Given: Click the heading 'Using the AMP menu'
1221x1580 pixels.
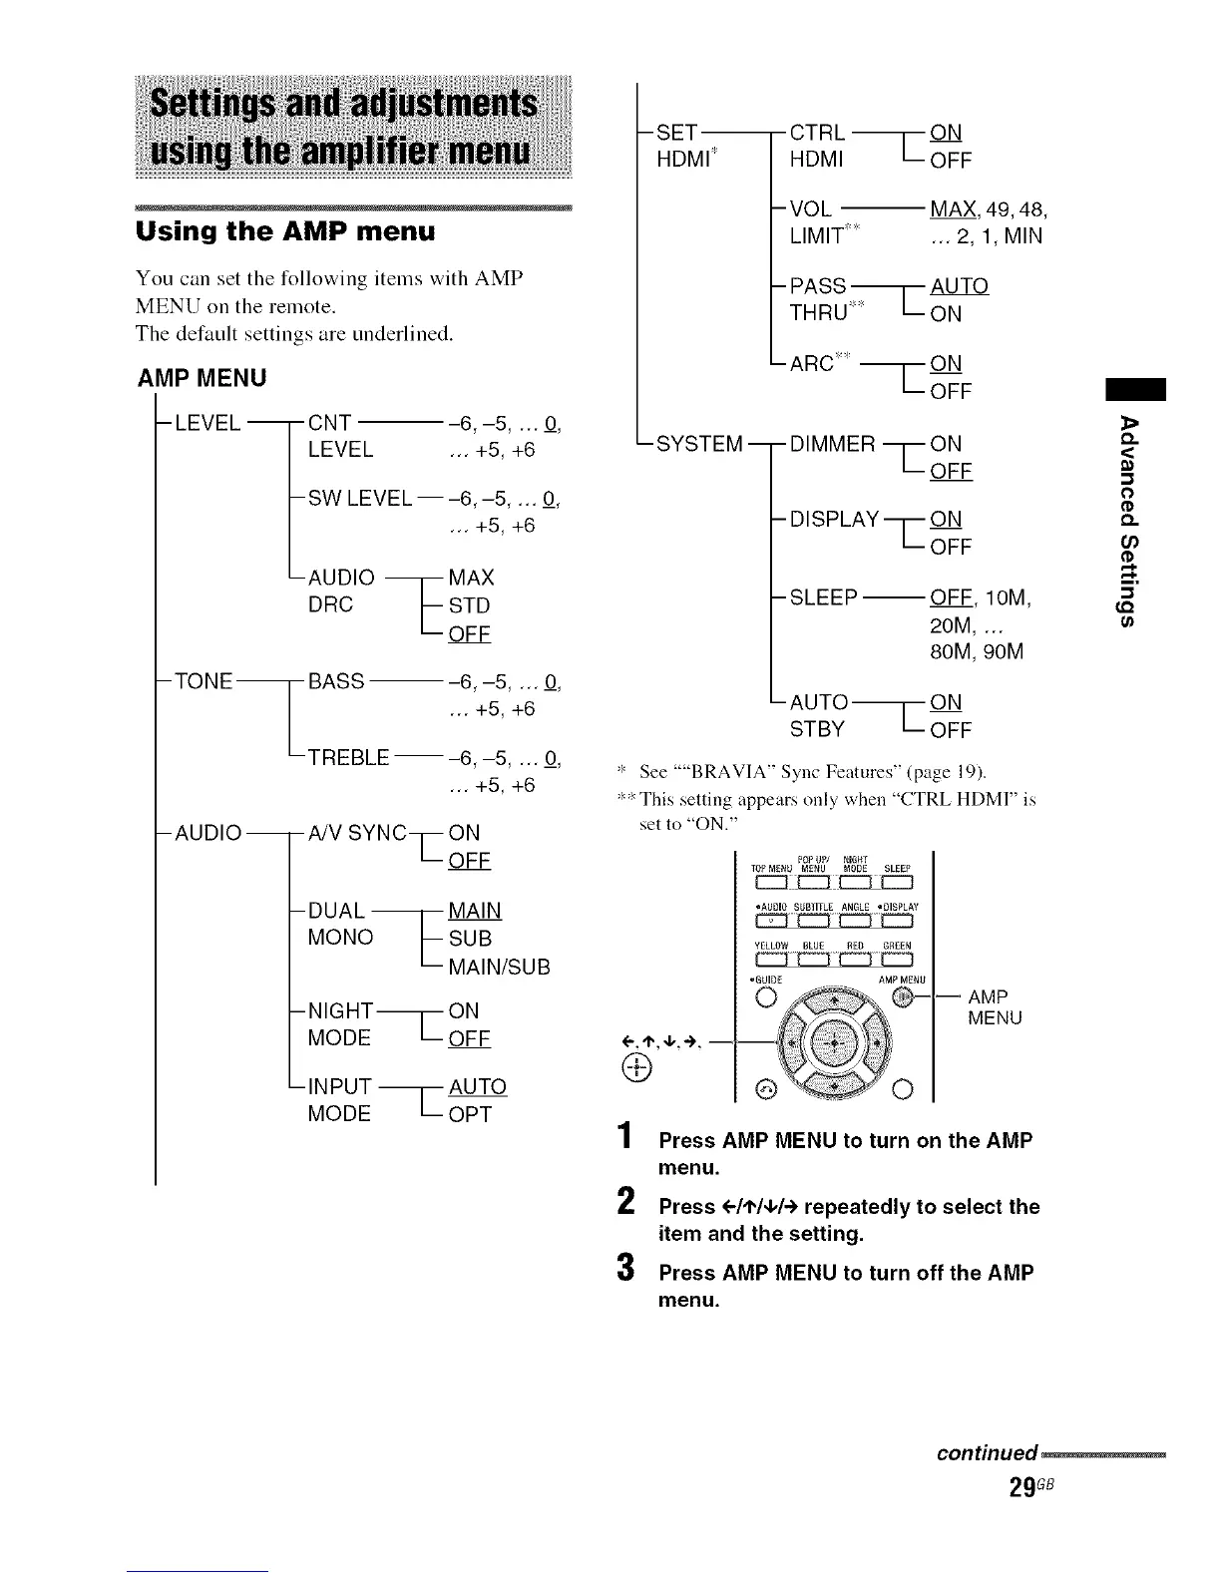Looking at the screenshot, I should tap(285, 232).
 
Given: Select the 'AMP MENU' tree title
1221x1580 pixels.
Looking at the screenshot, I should tap(203, 378).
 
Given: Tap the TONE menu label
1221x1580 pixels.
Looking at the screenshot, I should tap(203, 681).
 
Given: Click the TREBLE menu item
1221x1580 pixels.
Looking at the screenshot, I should tap(348, 757).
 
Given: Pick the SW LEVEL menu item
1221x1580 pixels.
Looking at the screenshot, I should tap(359, 498).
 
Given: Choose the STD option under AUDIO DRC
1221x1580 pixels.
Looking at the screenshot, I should tap(469, 605).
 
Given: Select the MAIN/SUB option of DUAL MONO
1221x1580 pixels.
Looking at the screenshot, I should tap(499, 967).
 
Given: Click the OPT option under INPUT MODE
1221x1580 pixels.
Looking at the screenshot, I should tap(470, 1114).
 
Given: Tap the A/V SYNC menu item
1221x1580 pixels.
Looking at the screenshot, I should tap(357, 833).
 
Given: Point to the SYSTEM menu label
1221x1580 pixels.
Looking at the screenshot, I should tap(699, 443).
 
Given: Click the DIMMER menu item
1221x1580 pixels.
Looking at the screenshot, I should tap(832, 443).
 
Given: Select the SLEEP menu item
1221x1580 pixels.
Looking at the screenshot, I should tap(823, 597).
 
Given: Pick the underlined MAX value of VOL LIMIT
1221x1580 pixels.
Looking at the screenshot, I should tap(952, 209).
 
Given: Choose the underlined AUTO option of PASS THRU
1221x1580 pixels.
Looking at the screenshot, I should tap(959, 286).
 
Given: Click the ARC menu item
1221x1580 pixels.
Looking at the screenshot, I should tap(811, 363).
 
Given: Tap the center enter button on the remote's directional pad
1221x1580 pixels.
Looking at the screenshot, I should tap(826, 1046).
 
